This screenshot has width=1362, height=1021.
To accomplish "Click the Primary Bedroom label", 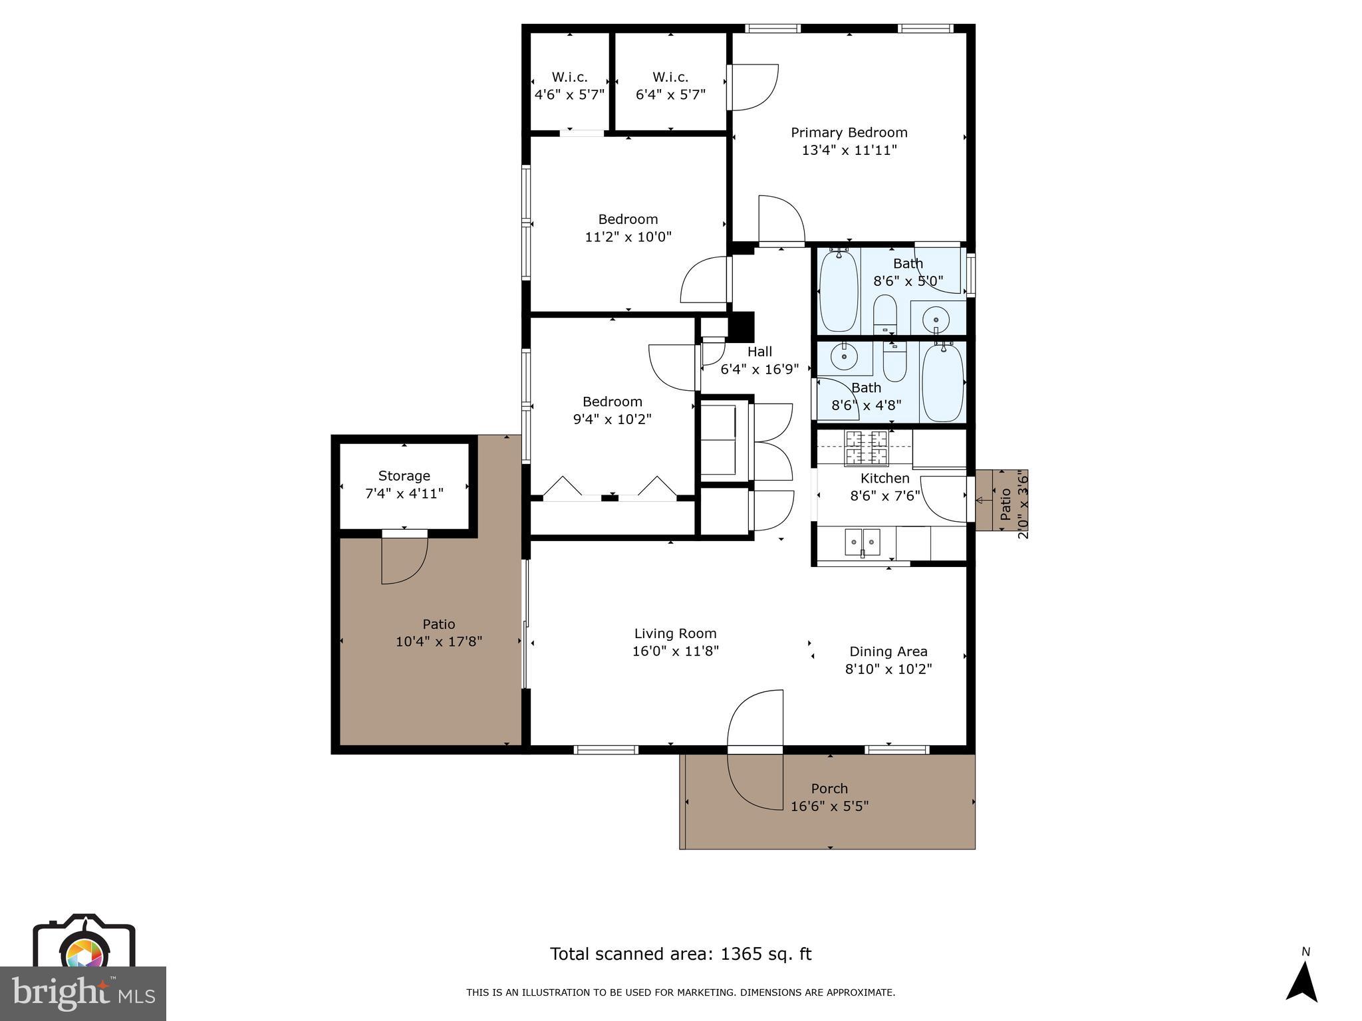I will [x=849, y=132].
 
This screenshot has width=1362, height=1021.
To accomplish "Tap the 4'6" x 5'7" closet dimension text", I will [x=569, y=94].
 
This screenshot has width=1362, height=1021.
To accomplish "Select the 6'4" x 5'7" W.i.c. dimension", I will [x=670, y=94].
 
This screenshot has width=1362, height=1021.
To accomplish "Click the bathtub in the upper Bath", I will [x=839, y=290].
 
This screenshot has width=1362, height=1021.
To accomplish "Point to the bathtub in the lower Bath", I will [x=942, y=382].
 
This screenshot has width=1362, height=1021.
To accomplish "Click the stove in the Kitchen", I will [x=867, y=447].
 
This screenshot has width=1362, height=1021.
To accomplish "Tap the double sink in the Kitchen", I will [x=863, y=542].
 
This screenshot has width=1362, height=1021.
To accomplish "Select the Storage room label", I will [x=404, y=476].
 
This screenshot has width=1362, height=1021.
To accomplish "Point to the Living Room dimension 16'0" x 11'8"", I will [x=675, y=651].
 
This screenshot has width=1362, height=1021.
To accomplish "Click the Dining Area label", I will [x=888, y=651].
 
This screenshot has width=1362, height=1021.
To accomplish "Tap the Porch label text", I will [x=829, y=788].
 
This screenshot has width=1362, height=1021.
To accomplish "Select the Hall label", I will [x=759, y=352].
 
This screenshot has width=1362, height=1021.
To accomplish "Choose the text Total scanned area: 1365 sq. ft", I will [x=680, y=954].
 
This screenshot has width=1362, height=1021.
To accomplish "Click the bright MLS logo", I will [x=82, y=993].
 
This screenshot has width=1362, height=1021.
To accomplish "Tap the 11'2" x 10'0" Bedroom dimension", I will [x=628, y=237].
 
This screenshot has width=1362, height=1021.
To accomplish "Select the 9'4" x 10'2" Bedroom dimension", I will [x=612, y=419].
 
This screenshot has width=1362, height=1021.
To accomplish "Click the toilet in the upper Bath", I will [x=885, y=315].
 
